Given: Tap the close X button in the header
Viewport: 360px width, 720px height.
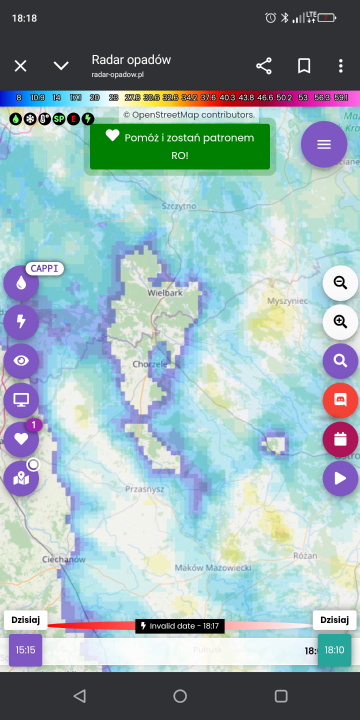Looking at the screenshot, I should pos(20,66).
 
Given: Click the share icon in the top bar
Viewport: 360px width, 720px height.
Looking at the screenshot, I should pos(264,66).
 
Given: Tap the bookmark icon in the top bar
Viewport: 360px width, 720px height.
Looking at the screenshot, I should pos(304,66).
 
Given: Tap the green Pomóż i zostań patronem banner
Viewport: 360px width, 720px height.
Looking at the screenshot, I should pos(180,146).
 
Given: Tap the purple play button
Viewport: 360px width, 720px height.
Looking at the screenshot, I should pos(340,478).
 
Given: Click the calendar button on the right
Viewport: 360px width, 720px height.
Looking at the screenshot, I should pos(340,438).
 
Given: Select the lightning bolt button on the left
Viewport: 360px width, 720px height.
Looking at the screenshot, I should pos(21,321).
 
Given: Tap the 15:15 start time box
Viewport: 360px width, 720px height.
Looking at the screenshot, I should pos(25,650).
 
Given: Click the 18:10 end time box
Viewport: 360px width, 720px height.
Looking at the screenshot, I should pos(334,650).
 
